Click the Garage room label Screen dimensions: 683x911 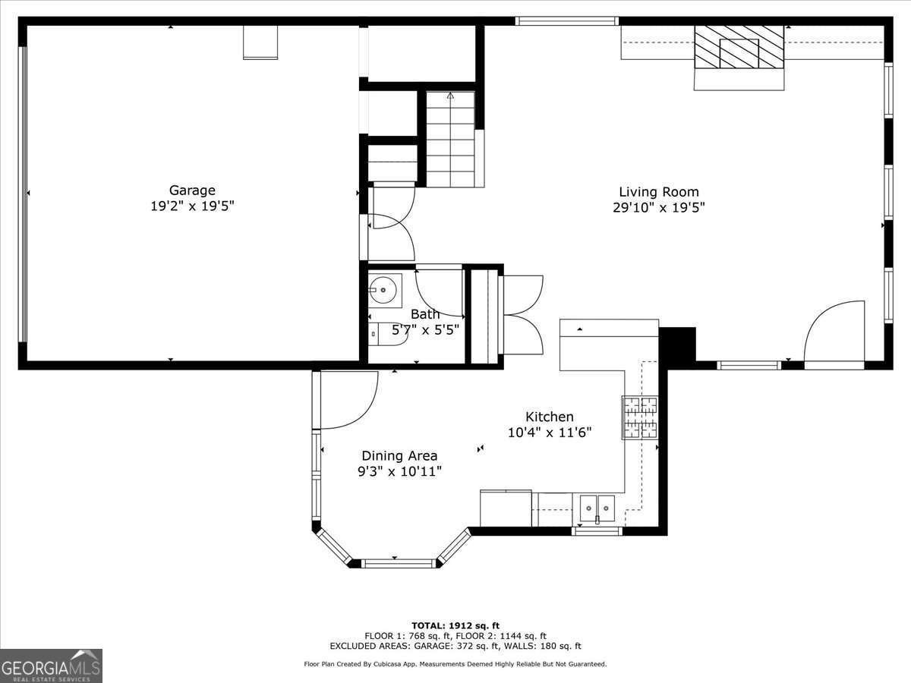pos(192,190)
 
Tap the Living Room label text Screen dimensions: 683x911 pos(658,192)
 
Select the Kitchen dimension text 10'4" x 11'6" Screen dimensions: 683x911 pos(549,433)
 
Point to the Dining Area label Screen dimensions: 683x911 pos(399,455)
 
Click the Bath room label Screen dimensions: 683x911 pos(424,314)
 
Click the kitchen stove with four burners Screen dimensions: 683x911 pos(640,418)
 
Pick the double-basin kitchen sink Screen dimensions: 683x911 pos(597,507)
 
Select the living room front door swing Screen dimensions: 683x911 pos(834,335)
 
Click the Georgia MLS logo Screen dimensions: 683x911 pos(51,666)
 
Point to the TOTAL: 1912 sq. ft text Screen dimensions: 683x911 pos(455,625)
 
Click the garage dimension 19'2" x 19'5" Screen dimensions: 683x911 pos(192,206)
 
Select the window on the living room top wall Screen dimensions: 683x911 pos(567,21)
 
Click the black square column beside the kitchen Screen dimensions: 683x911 pos(677,345)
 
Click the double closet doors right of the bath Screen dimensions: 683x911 pos(521,314)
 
